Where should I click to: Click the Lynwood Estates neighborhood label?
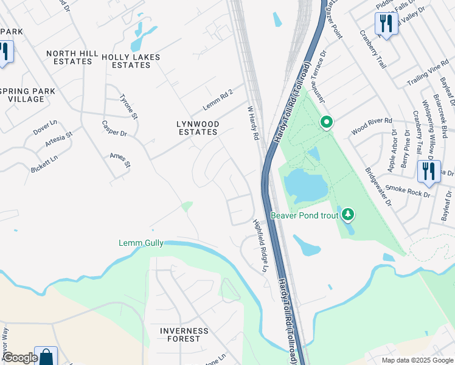[x=196, y=128]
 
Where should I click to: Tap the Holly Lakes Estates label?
[x=131, y=61]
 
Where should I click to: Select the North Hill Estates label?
[x=72, y=57]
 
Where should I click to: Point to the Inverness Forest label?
[x=184, y=335]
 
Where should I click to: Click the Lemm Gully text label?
[x=141, y=243]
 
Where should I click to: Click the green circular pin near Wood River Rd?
[x=326, y=123]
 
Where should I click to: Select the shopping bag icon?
[x=46, y=356]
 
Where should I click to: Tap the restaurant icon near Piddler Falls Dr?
[x=386, y=24]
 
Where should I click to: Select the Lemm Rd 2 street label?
[x=218, y=98]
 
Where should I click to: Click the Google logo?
[x=20, y=358]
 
